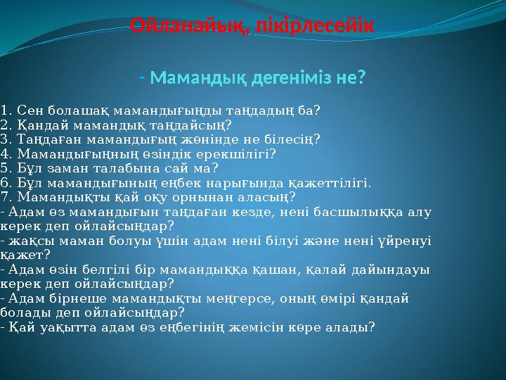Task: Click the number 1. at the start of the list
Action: pos(7,110)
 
